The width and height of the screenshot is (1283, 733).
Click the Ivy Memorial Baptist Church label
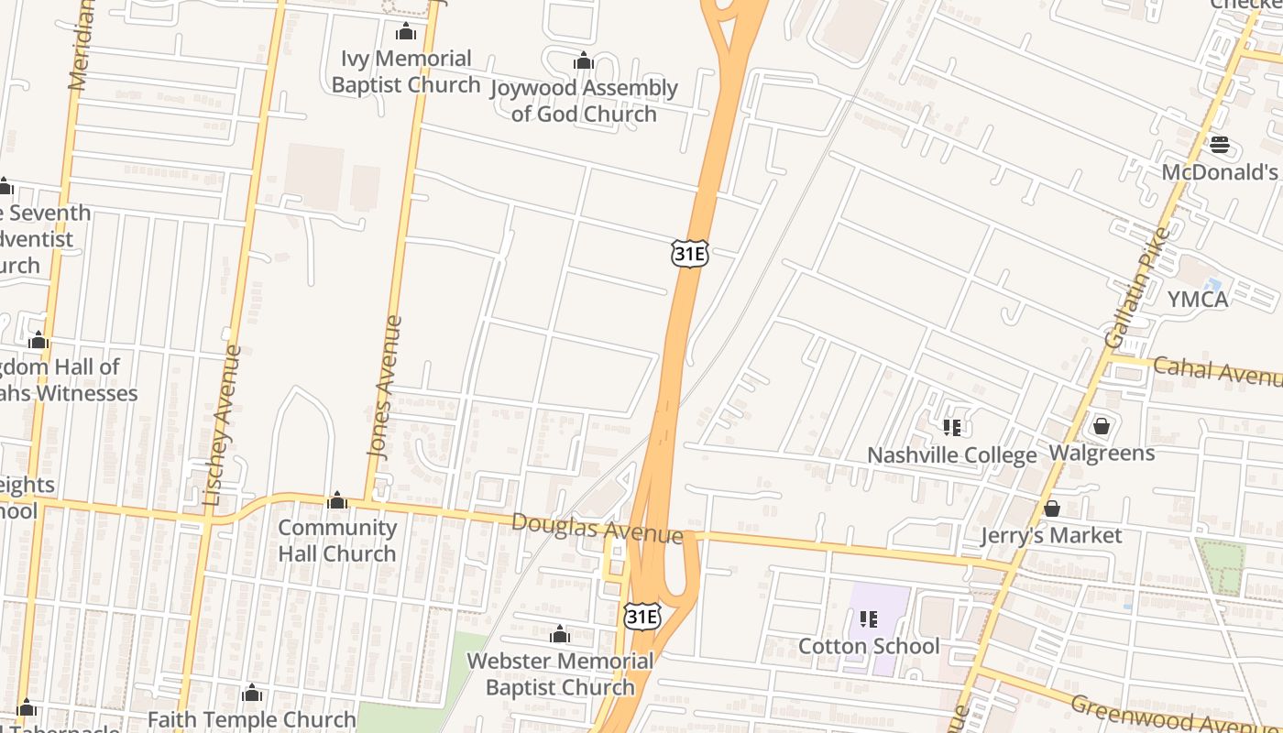406,71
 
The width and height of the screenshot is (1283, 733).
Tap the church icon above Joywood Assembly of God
583,61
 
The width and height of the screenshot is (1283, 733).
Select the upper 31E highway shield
689,253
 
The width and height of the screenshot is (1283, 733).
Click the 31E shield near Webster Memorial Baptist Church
641,616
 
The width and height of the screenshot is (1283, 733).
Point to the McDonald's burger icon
1219,145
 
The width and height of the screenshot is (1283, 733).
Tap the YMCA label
1197,299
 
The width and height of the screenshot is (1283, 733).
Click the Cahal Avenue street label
1217,371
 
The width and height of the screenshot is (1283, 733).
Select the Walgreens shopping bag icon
1102,426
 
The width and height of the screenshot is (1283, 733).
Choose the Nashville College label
951,455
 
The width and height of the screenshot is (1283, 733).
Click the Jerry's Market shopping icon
1052,508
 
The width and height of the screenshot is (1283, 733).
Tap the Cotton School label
869,646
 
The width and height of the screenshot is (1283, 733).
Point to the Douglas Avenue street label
597,528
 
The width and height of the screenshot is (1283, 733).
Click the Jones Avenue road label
385,387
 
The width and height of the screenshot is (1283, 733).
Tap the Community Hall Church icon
337,500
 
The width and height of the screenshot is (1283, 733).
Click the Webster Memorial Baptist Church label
560,673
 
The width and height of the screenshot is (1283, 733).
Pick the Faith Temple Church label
251,719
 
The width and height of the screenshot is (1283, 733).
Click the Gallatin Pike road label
1137,288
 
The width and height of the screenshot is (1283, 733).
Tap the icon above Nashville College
951,427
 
